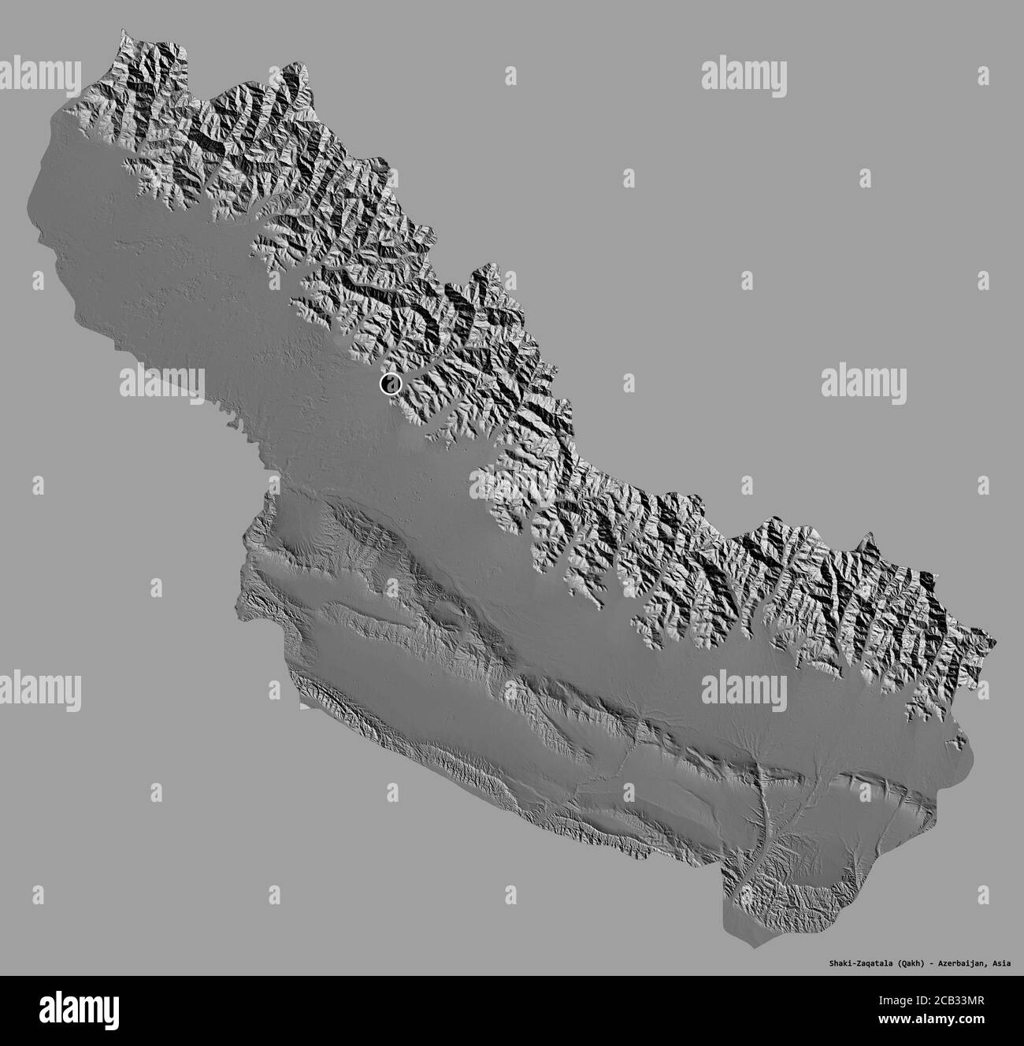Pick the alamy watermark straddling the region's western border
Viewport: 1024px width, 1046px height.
tap(161, 383)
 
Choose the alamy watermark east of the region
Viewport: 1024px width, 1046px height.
tap(863, 382)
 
